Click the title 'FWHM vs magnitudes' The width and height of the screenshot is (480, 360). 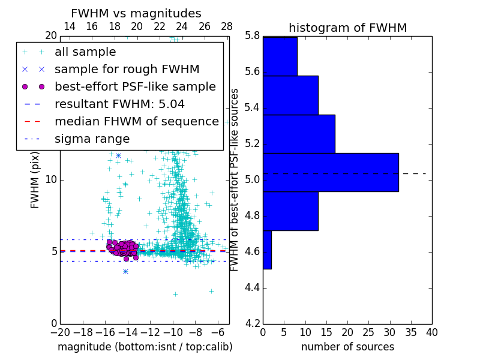(136, 14)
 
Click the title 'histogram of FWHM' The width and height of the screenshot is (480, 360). (347, 28)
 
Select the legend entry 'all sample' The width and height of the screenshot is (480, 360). (85, 52)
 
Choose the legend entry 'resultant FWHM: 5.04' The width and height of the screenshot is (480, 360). (119, 104)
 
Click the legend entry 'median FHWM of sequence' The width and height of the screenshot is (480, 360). (136, 122)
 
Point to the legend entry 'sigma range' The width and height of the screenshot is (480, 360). (92, 139)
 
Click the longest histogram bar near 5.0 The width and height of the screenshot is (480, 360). (331, 172)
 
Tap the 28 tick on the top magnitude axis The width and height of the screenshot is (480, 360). (227, 27)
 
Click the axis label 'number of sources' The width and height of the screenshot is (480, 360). (347, 347)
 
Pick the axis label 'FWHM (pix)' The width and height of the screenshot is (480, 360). (35, 180)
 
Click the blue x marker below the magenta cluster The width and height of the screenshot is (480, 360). (125, 271)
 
